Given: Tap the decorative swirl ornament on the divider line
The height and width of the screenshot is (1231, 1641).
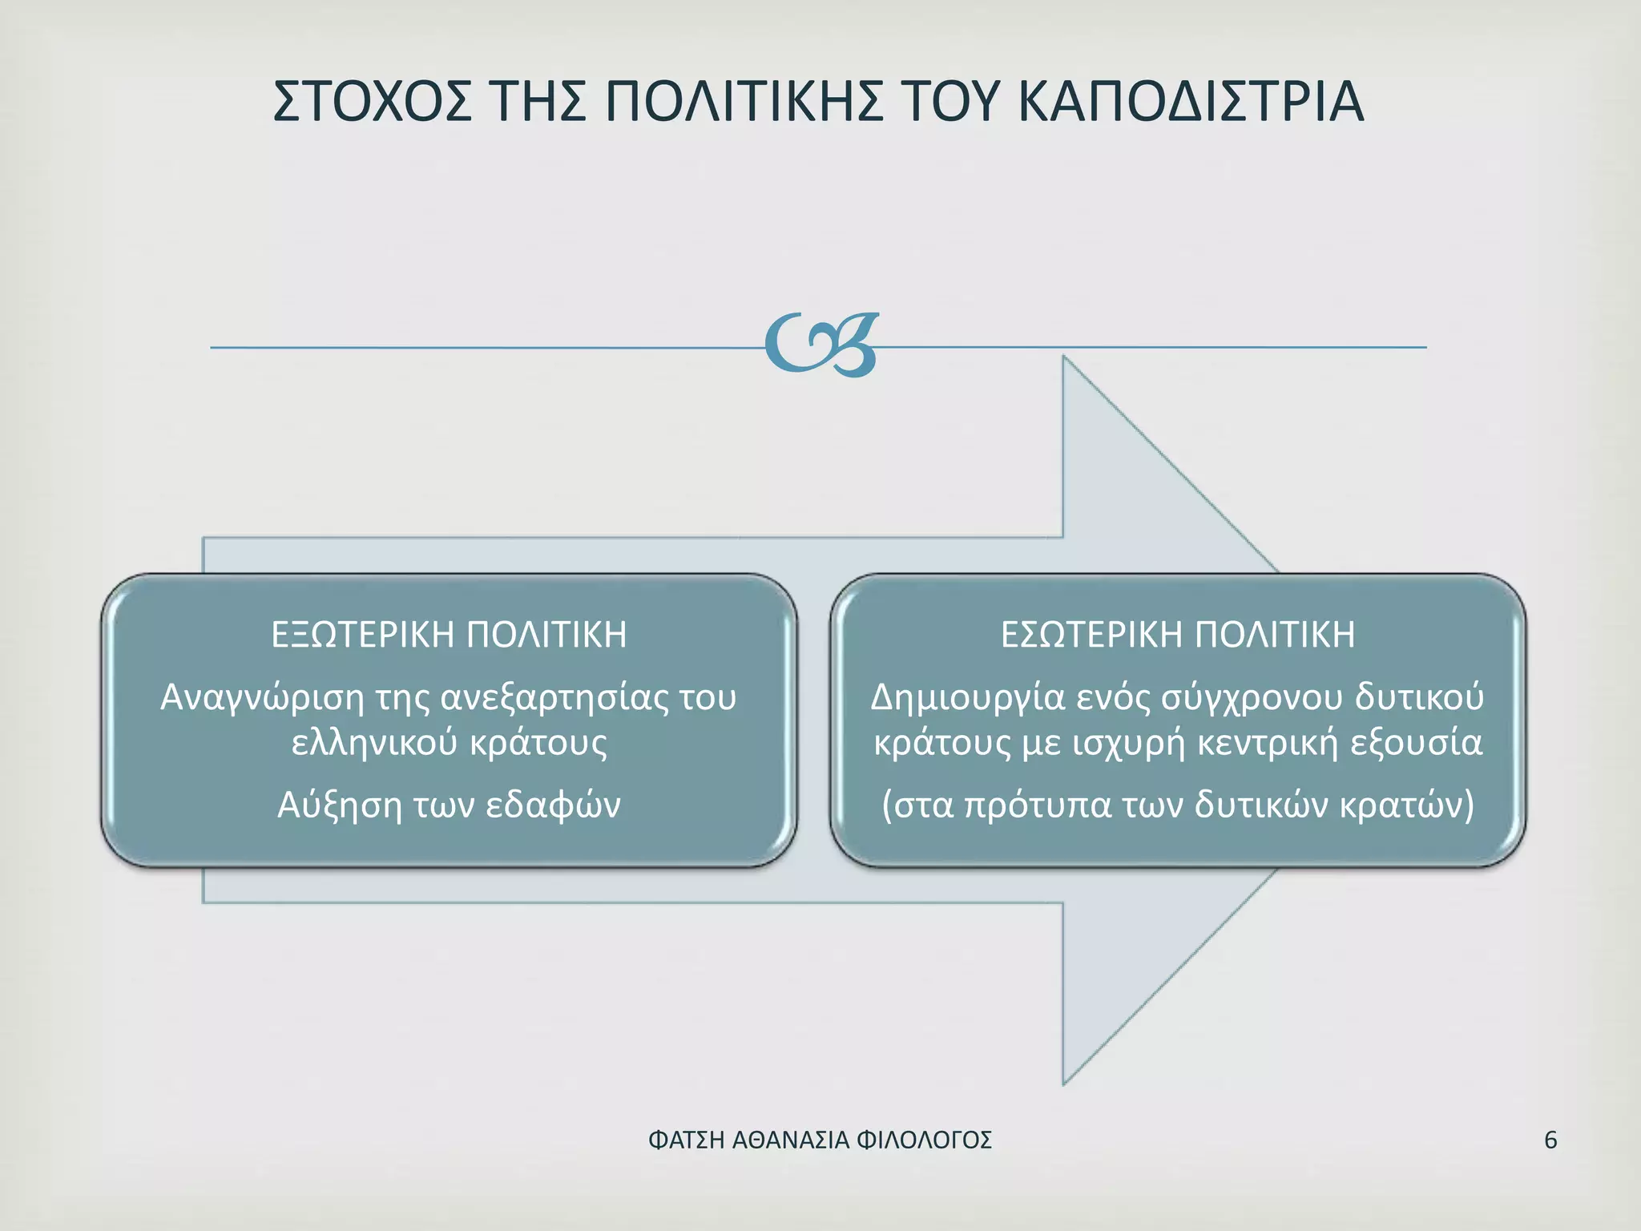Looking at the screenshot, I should (822, 345).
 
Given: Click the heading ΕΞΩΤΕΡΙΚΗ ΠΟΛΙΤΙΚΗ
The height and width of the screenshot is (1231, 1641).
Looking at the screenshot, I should (449, 635).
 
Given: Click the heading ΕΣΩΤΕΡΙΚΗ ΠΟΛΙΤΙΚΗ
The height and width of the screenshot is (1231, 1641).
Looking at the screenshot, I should (1178, 635).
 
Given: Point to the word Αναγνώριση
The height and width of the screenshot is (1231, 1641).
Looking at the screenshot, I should (263, 698).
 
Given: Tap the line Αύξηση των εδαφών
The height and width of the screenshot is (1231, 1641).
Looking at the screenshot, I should (449, 805).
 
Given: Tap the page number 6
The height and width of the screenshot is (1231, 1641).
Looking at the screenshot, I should (1550, 1140).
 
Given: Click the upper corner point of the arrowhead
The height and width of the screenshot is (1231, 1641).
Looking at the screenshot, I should (1064, 357).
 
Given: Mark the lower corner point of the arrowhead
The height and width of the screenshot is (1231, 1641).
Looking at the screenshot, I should (1064, 1084).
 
